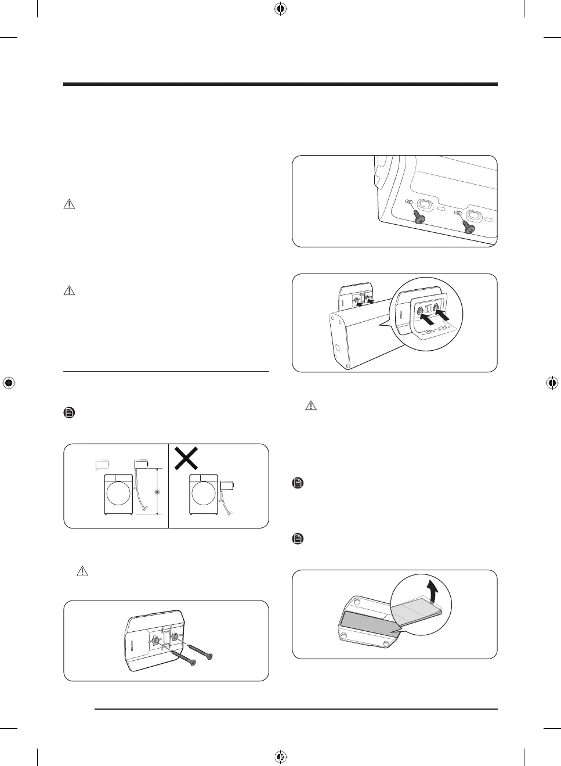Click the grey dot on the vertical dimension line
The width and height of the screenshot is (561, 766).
[157, 492]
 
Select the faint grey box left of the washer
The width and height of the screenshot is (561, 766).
[103, 464]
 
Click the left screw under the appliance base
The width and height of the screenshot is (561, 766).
[418, 217]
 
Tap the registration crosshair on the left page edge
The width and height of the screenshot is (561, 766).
[8, 383]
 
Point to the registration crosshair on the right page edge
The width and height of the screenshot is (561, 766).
[552, 383]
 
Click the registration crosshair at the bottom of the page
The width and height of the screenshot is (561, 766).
[280, 757]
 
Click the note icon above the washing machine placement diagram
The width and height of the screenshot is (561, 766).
[68, 413]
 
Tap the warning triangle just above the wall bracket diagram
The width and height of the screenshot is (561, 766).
[82, 571]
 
